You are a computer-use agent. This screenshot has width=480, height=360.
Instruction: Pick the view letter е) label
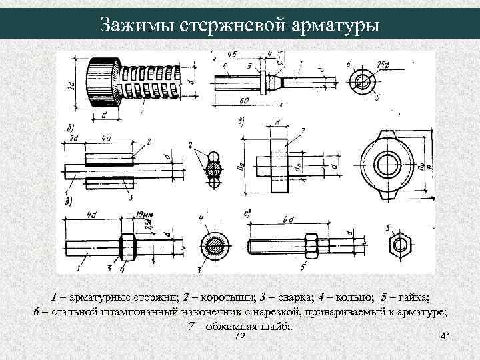[247, 213]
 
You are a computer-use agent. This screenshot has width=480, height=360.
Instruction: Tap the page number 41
[446, 338]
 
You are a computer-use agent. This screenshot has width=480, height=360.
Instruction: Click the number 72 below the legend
[241, 338]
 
